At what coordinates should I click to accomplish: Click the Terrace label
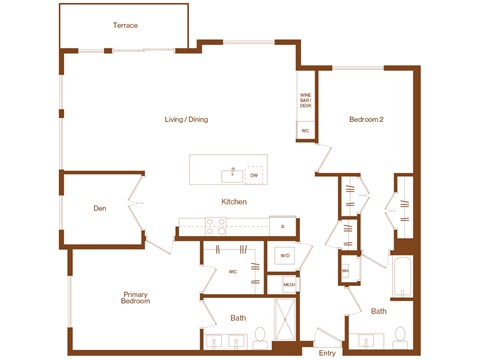[125, 25]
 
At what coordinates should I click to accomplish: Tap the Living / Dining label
[186, 120]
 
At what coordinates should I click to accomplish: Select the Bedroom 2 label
[366, 120]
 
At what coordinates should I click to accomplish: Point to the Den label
[100, 209]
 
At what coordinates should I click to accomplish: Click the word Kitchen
[234, 202]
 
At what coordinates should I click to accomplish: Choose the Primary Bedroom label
[136, 298]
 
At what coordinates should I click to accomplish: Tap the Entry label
[326, 352]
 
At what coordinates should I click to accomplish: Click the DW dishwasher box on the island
[254, 176]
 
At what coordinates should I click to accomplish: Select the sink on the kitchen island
[232, 174]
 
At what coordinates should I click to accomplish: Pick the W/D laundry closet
[284, 256]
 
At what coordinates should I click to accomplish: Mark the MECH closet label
[289, 285]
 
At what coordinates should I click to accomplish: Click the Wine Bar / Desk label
[306, 101]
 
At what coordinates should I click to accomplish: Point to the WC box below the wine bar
[305, 130]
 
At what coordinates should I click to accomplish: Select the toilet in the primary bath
[260, 335]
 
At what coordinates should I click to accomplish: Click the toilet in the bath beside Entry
[400, 335]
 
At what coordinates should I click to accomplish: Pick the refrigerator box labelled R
[283, 227]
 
